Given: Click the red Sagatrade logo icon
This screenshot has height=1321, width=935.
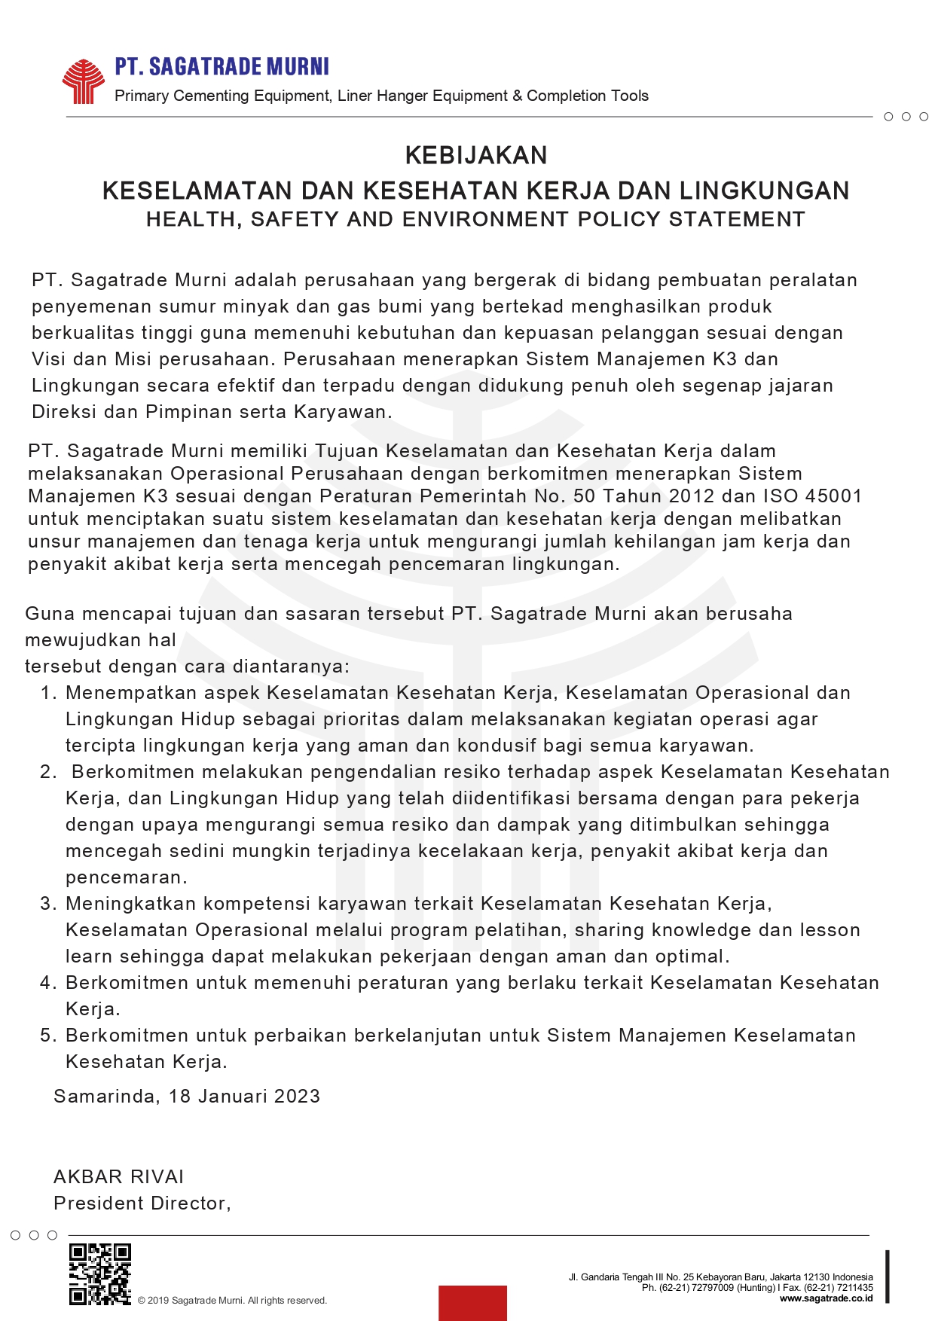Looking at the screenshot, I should [x=83, y=81].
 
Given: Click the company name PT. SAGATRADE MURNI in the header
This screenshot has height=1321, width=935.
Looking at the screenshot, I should [x=222, y=67].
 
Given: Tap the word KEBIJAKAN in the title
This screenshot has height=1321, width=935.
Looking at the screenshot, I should [x=476, y=155].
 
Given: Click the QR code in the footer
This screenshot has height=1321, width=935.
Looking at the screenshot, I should [x=99, y=1274].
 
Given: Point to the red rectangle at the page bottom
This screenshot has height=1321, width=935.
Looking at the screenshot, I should [x=472, y=1302].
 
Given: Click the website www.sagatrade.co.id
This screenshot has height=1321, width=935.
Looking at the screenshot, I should [x=826, y=1298].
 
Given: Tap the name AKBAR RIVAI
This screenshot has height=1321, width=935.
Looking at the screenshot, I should [x=119, y=1176].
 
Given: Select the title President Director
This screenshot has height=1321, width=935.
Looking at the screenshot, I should [x=141, y=1203].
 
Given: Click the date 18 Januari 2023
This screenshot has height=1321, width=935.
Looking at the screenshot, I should [x=245, y=1096].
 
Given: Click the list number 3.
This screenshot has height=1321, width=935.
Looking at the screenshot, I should [x=47, y=904].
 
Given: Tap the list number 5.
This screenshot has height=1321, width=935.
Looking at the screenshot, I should [x=47, y=1036].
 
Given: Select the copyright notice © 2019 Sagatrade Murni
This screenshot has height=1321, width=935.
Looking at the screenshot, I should [x=232, y=1301].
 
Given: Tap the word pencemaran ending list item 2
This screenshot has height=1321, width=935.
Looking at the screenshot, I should [x=124, y=877].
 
